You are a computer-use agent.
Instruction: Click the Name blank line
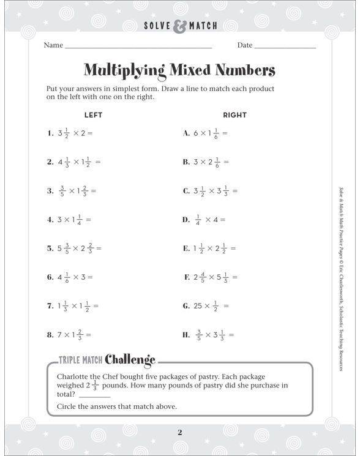click(x=138, y=47)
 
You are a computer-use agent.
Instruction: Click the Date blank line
click(x=285, y=47)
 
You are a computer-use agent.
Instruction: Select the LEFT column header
click(x=93, y=115)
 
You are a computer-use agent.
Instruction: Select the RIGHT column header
click(x=234, y=115)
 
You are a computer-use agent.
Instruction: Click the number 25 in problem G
click(x=199, y=306)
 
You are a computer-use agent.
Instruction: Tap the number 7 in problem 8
click(x=59, y=335)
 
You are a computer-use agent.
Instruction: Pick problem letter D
click(x=186, y=220)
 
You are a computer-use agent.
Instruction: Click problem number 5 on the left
click(x=50, y=249)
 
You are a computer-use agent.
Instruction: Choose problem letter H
click(x=186, y=335)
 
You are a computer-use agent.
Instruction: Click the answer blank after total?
click(x=91, y=396)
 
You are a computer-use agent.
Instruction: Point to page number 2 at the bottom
click(x=180, y=433)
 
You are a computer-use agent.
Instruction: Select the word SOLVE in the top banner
click(x=156, y=26)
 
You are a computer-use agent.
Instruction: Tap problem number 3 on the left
click(x=50, y=191)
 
